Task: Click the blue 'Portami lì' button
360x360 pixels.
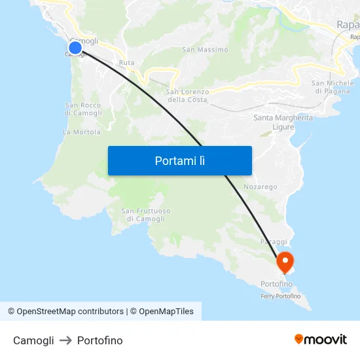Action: [179, 160]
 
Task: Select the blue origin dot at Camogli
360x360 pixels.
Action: [75, 47]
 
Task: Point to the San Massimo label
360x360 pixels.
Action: [205, 50]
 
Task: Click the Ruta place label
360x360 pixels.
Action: [127, 63]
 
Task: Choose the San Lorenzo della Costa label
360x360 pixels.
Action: [188, 96]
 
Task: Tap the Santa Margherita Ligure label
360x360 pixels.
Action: [283, 122]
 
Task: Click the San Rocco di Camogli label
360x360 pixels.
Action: [83, 109]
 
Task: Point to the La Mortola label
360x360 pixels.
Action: [82, 132]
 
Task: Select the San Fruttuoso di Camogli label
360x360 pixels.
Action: [145, 215]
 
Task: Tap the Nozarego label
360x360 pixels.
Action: [260, 187]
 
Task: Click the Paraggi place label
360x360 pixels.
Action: [273, 242]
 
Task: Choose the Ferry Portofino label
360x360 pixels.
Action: [280, 297]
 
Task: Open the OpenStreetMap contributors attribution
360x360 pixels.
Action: [70, 312]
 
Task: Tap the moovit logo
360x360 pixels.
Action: [321, 339]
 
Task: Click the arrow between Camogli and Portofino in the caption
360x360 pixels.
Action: [65, 340]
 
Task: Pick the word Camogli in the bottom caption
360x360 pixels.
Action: [33, 340]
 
